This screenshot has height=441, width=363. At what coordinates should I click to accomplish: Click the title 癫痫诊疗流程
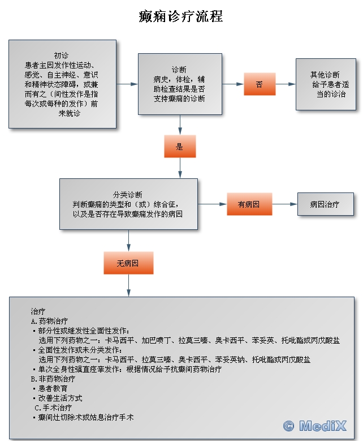click(x=181, y=16)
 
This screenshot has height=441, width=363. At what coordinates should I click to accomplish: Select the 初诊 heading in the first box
click(x=62, y=55)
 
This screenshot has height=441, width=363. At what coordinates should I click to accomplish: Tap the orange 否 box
click(x=259, y=84)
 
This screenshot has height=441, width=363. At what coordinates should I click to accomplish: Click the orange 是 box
click(x=180, y=147)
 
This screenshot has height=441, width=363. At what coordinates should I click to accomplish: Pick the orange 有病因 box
click(x=249, y=204)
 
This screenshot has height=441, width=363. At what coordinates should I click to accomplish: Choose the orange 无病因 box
click(x=128, y=263)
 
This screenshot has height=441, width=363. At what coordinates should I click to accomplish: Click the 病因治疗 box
click(x=325, y=204)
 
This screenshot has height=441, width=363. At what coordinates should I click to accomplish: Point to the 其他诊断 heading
click(x=325, y=75)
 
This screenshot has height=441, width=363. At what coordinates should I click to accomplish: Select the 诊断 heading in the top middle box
click(x=179, y=69)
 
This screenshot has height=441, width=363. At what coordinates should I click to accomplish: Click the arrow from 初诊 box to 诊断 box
click(x=127, y=84)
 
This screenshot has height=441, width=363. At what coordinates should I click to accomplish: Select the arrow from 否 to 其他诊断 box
click(x=286, y=84)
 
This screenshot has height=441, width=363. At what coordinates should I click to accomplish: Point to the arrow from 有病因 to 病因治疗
click(x=284, y=204)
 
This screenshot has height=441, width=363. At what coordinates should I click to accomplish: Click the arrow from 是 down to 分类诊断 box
click(x=180, y=168)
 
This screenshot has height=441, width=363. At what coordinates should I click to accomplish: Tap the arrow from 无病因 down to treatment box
click(x=128, y=286)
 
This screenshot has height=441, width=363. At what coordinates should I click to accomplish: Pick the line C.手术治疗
click(x=53, y=407)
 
